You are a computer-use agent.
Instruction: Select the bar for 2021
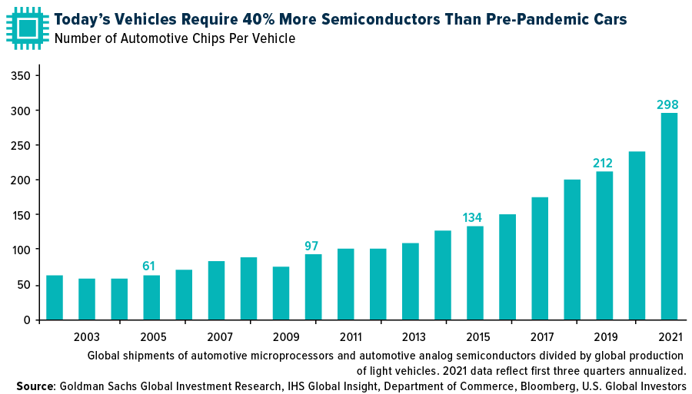point(669,216)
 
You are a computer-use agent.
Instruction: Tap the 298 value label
point(667,104)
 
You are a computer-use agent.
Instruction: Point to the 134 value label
point(472,218)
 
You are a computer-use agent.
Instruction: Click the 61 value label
point(149,267)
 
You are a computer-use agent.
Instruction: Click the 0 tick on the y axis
point(26,320)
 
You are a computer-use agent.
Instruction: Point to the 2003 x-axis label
point(87,337)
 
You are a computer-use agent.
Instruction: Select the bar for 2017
point(540,258)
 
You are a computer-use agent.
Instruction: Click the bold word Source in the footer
point(36,386)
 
